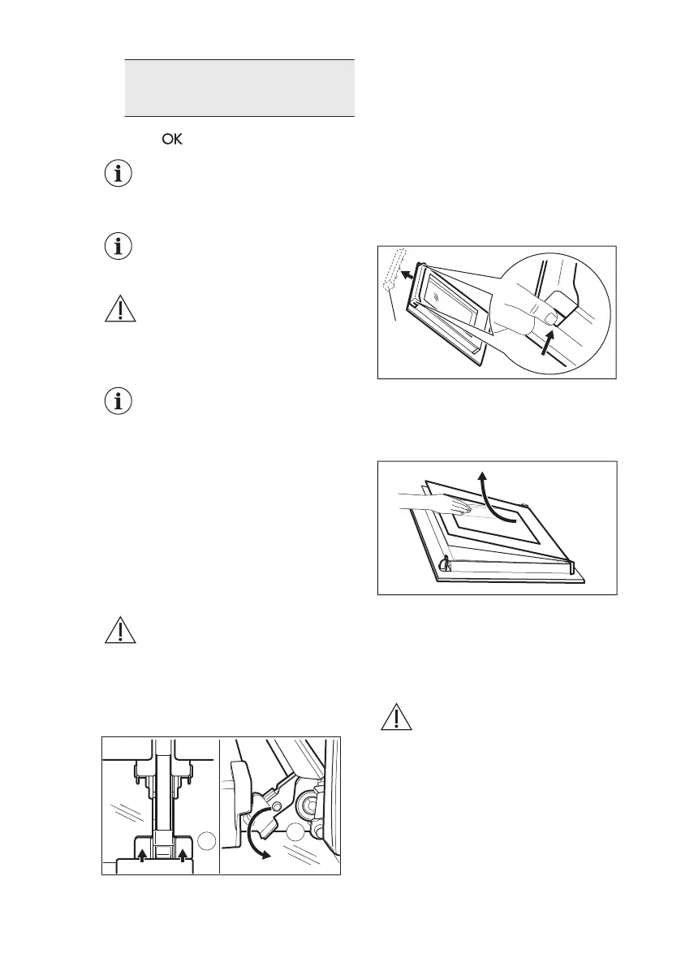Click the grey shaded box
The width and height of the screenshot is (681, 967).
pyautogui.click(x=239, y=88)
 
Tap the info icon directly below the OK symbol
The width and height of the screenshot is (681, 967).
pyautogui.click(x=119, y=174)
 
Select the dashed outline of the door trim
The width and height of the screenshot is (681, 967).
pyautogui.click(x=394, y=277)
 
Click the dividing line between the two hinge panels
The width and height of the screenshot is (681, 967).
pyautogui.click(x=220, y=804)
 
